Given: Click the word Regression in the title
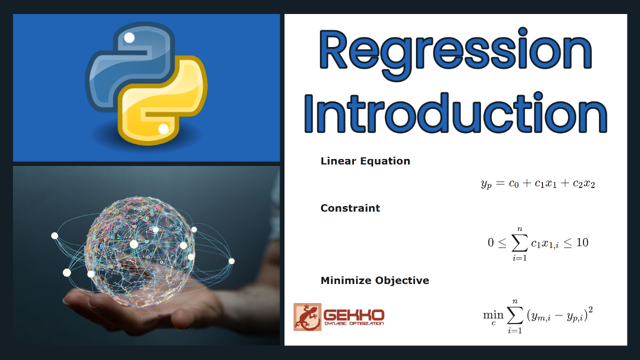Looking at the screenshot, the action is pyautogui.click(x=455, y=53).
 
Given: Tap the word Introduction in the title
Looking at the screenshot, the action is pyautogui.click(x=455, y=113).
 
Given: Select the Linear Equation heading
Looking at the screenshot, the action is pyautogui.click(x=365, y=161).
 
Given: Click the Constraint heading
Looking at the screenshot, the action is pyautogui.click(x=350, y=208).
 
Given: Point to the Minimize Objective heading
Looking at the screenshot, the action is pyautogui.click(x=375, y=280).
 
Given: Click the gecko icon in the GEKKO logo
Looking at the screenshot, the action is pyautogui.click(x=307, y=317).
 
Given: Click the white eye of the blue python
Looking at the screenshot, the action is pyautogui.click(x=129, y=37).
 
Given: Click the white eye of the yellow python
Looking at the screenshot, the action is pyautogui.click(x=163, y=129).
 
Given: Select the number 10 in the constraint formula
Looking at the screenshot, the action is pyautogui.click(x=582, y=242).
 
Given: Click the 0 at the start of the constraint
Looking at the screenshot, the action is pyautogui.click(x=490, y=242).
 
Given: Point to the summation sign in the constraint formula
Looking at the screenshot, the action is pyautogui.click(x=519, y=243).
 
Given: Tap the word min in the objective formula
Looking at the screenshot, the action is pyautogui.click(x=493, y=315).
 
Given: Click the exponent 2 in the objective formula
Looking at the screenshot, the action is pyautogui.click(x=590, y=309).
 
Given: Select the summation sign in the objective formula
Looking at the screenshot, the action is pyautogui.click(x=515, y=315).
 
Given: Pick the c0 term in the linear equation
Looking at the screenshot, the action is pyautogui.click(x=513, y=183).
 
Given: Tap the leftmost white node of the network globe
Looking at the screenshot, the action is pyautogui.click(x=54, y=235).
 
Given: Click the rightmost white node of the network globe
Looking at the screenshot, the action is pyautogui.click(x=231, y=261).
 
